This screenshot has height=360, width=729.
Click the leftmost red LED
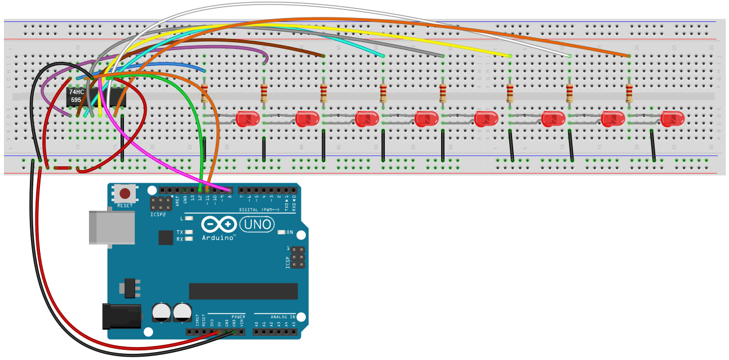(248, 119)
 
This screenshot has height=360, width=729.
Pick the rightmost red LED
(672, 119)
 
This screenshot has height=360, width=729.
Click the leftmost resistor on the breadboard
(204, 94)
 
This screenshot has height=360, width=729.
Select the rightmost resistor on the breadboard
(629, 94)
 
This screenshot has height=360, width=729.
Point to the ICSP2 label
(158, 215)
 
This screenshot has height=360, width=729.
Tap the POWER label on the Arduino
(238, 317)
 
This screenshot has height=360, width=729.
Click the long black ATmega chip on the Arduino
(243, 291)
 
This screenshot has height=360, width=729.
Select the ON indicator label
(290, 232)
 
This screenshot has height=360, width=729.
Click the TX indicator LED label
(180, 232)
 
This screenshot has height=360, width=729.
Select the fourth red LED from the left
(426, 119)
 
